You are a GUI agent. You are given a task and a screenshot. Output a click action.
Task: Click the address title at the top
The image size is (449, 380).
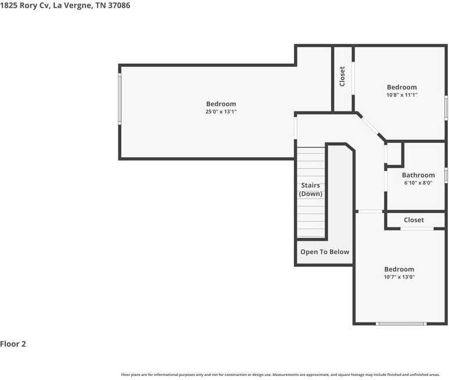tap(65, 5)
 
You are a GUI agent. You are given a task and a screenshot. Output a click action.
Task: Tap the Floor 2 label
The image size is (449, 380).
tap(13, 343)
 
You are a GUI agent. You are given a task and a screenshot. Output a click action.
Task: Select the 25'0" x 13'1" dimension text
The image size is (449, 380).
tap(221, 111)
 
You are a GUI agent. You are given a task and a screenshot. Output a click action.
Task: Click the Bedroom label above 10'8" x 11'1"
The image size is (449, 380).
tap(402, 87)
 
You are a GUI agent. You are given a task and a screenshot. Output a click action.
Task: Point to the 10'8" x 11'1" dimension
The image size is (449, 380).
tap(402, 95)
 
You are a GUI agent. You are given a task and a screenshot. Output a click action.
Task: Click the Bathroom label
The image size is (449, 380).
tap(418, 175)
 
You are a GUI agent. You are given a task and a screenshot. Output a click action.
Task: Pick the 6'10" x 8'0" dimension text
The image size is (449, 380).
tap(418, 183)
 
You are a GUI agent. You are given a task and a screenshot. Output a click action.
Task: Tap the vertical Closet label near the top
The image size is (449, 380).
tap(342, 77)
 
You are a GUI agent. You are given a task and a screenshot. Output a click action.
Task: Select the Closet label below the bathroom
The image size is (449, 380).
tap(414, 220)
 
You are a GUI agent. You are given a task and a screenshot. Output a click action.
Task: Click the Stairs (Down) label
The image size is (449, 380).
tap(311, 190)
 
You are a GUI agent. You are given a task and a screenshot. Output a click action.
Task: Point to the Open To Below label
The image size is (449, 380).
tap(325, 252)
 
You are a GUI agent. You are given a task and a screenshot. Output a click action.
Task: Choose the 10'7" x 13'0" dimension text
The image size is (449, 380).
tap(399, 277)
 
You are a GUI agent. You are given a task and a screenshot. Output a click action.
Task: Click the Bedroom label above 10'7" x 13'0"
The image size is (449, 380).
tap(399, 269)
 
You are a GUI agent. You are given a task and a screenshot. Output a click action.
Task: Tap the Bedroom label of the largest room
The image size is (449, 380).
tap(221, 104)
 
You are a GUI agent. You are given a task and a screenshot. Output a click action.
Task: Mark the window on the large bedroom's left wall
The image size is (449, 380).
tap(120, 99)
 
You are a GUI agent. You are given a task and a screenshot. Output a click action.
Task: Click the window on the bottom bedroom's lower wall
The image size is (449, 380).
tap(401, 324)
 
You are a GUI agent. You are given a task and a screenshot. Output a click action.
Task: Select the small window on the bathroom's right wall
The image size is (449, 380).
tap(446, 175)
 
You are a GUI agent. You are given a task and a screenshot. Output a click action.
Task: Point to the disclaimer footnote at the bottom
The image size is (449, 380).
tap(281, 375)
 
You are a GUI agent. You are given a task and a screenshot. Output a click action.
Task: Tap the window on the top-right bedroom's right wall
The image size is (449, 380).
tap(446, 107)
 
